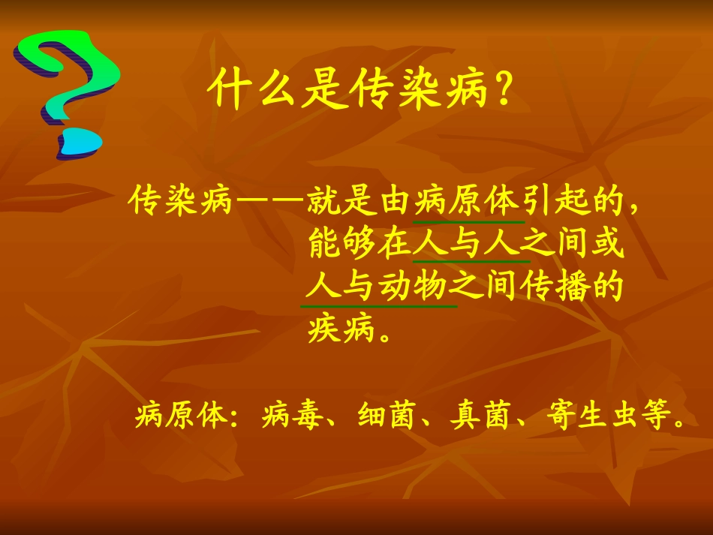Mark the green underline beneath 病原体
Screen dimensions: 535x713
(x=468, y=222)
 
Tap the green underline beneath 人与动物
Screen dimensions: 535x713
(x=378, y=306)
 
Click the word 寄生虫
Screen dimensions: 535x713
(x=588, y=415)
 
